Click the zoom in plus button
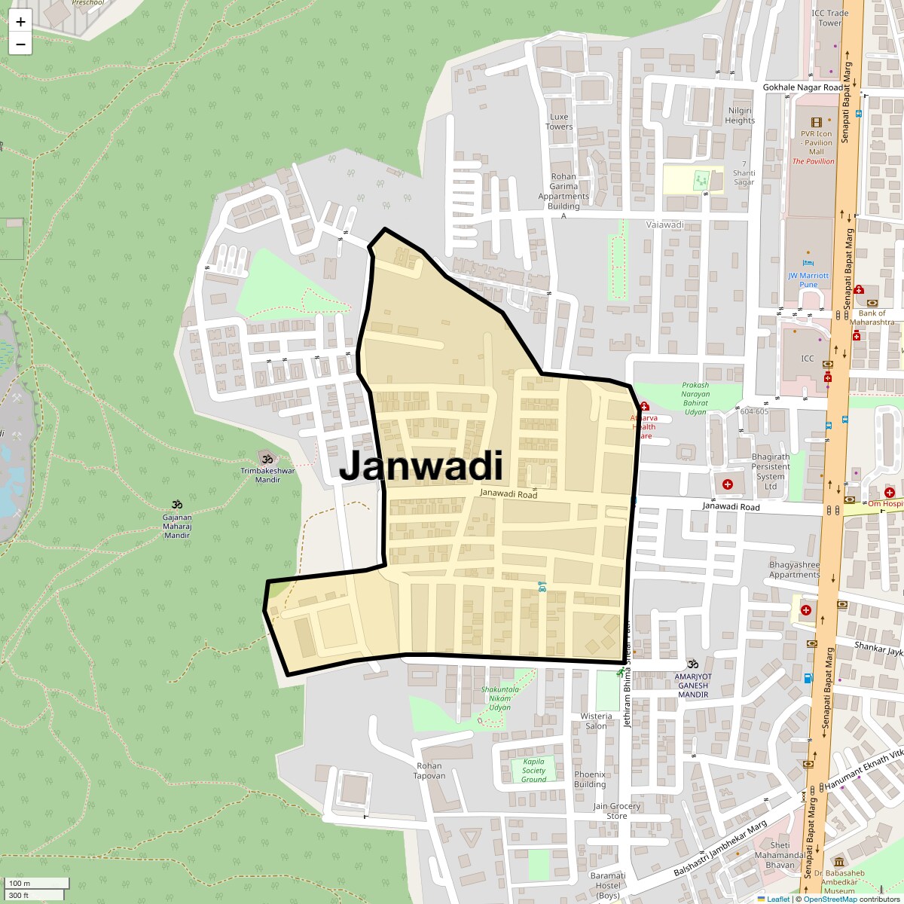click(20, 22)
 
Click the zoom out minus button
click(20, 44)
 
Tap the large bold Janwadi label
click(420, 466)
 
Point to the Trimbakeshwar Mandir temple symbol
click(266, 458)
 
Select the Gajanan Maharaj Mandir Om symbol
click(177, 504)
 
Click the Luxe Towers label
click(559, 121)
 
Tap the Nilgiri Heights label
click(740, 115)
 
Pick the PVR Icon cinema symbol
click(817, 122)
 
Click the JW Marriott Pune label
click(808, 280)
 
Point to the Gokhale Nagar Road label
click(803, 87)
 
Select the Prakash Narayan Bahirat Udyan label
click(695, 399)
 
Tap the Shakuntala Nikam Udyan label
click(499, 698)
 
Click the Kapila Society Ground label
click(533, 770)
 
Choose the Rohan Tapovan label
click(429, 771)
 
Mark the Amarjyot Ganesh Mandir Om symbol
click(692, 664)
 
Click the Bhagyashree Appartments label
click(794, 570)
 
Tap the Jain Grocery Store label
click(616, 811)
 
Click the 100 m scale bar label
click(20, 883)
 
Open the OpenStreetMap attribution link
click(829, 899)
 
